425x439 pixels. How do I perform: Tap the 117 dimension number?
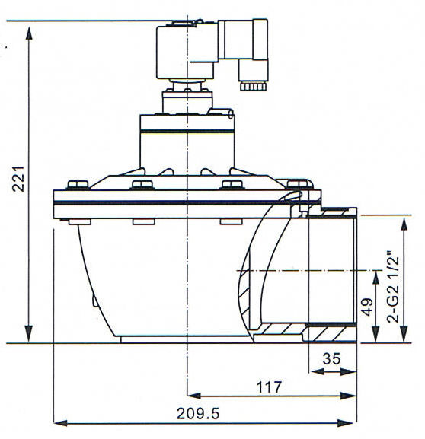tap(264, 387)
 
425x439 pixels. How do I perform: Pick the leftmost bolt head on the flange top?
tap(75, 185)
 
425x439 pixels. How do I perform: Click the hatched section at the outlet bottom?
tap(330, 332)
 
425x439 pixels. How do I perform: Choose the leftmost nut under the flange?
tap(72, 221)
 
